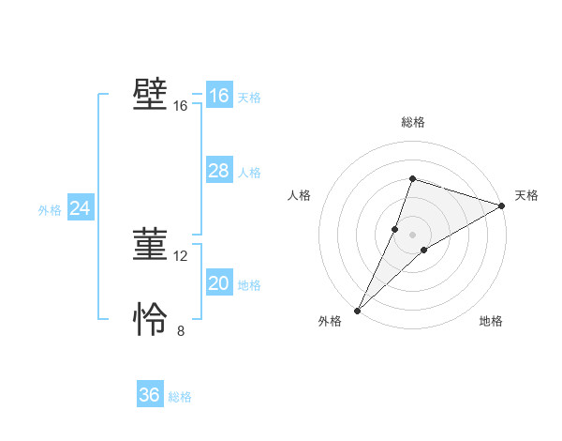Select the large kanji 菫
[x=151, y=245]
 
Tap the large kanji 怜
[x=151, y=320]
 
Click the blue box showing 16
[x=219, y=96]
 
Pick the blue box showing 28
[x=219, y=171]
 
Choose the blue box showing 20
[x=219, y=283]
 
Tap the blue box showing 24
[x=81, y=208]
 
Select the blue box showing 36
[x=150, y=395]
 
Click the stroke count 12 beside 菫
[x=181, y=255]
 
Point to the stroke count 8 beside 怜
[x=181, y=330]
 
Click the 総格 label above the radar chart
[x=413, y=122]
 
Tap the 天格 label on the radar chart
[x=526, y=195]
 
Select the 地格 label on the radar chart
[x=491, y=322]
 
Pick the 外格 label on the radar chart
[x=330, y=322]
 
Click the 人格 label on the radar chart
[x=300, y=195]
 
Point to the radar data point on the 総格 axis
[x=412, y=179]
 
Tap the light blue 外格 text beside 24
[x=50, y=210]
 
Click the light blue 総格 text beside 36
[x=180, y=397]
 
